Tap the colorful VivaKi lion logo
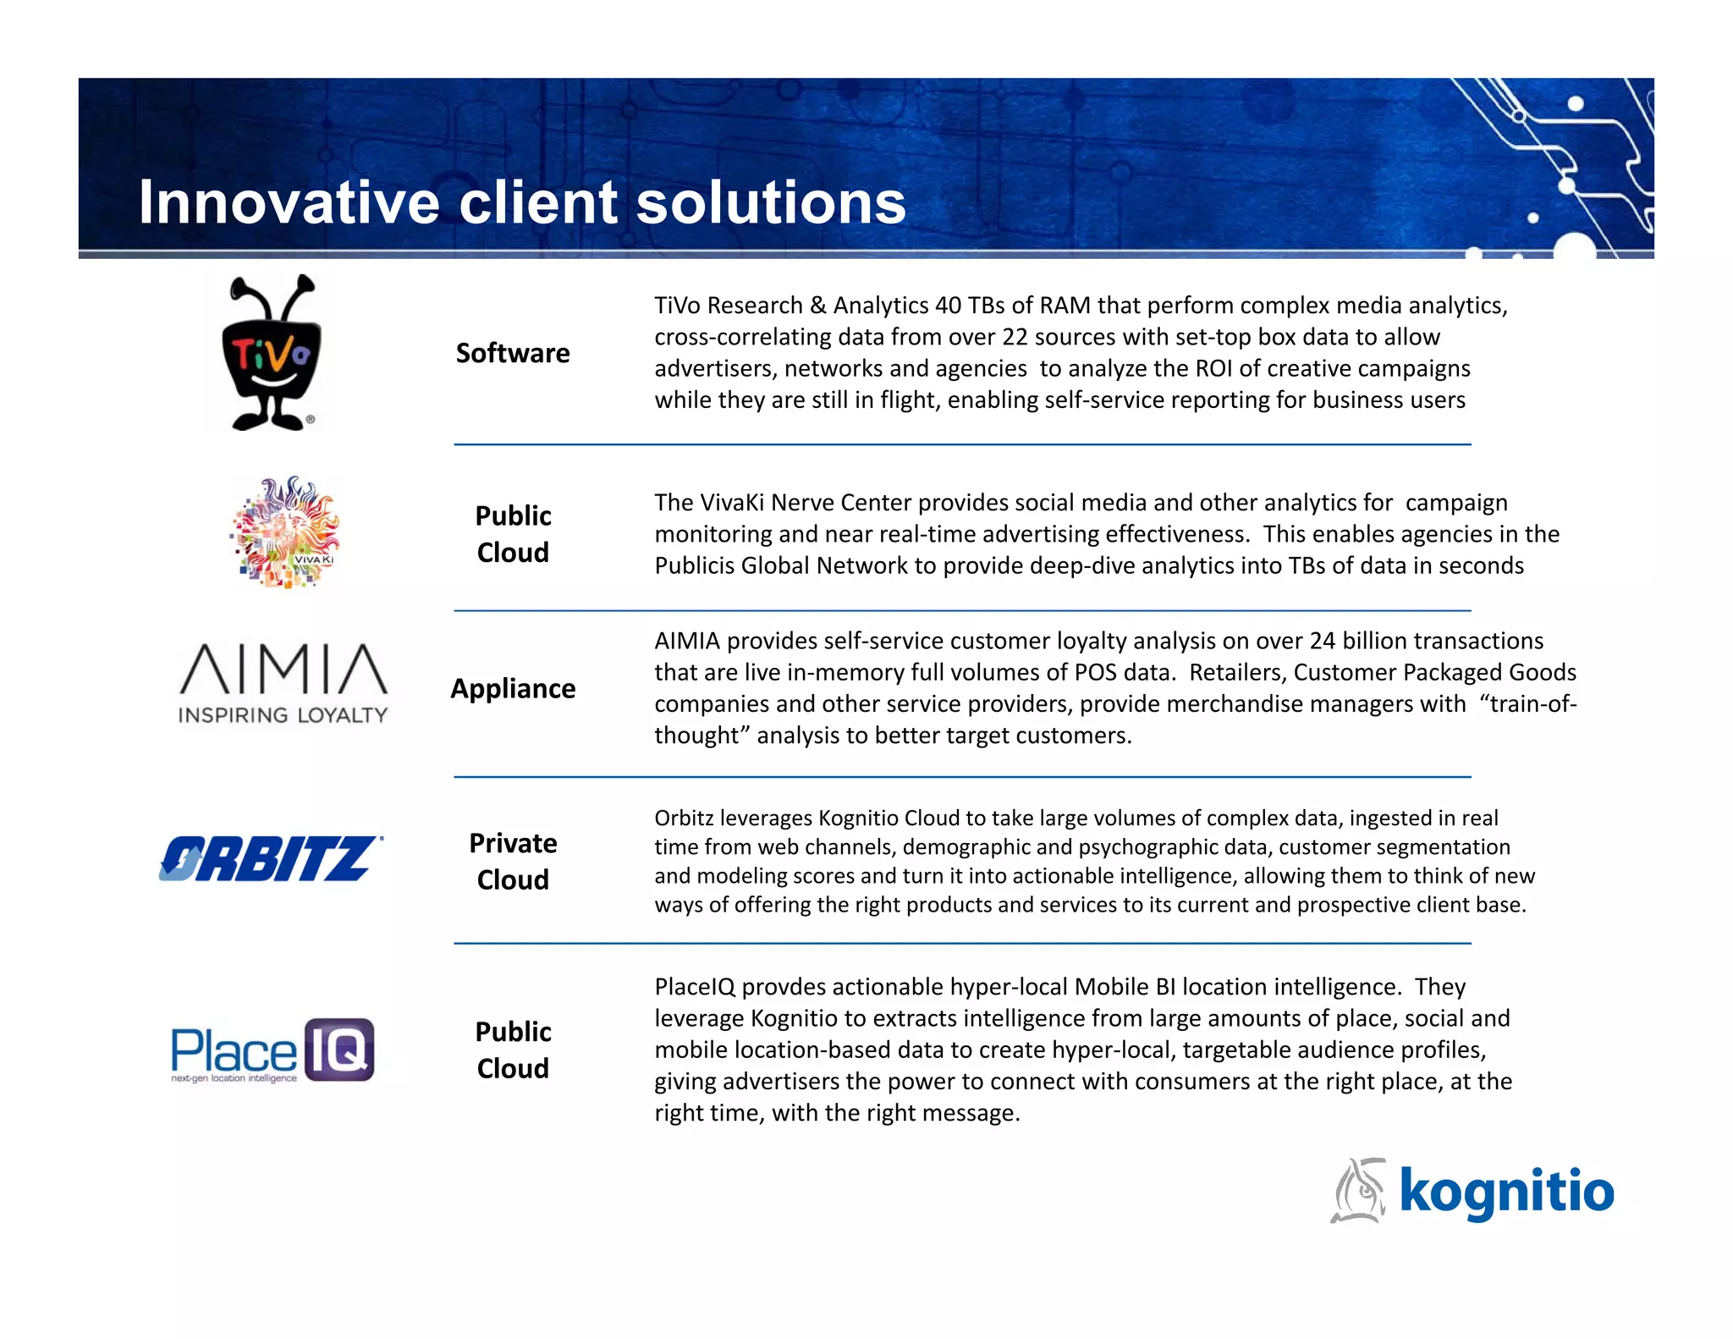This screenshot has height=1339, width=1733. (285, 532)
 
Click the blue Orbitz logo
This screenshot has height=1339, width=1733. (270, 858)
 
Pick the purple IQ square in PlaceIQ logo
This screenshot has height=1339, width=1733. (338, 1050)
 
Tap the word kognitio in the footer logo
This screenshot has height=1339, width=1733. (1506, 1191)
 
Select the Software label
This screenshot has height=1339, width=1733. (513, 353)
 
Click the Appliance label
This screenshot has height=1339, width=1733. (513, 689)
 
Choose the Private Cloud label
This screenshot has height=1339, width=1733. (513, 862)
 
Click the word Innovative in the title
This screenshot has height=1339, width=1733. (289, 203)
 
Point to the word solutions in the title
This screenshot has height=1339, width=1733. (771, 203)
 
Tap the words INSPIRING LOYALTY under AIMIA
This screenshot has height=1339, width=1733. (283, 715)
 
